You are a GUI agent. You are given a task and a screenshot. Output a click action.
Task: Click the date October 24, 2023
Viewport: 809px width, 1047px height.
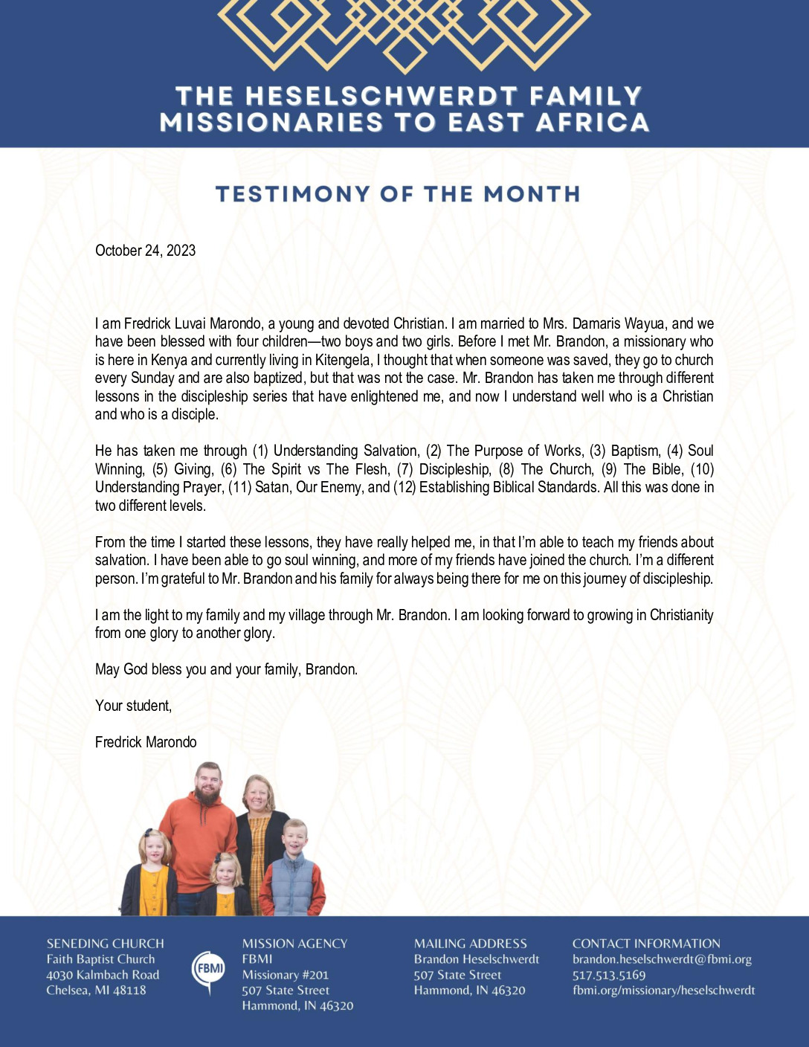pyautogui.click(x=145, y=251)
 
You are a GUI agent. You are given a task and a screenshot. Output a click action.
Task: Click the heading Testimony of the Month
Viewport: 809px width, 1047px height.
pyautogui.click(x=397, y=194)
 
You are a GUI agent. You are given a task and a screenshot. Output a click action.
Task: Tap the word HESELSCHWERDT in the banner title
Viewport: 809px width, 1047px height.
pyautogui.click(x=381, y=96)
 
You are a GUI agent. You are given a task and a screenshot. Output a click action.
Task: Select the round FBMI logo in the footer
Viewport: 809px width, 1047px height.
pyautogui.click(x=208, y=968)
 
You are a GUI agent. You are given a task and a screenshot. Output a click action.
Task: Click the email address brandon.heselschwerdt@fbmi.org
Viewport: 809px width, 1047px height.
pyautogui.click(x=662, y=959)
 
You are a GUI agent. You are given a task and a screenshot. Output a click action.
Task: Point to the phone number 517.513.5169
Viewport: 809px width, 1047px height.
pyautogui.click(x=609, y=975)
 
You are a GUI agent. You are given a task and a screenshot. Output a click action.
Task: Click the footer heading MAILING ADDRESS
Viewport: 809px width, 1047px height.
pyautogui.click(x=470, y=944)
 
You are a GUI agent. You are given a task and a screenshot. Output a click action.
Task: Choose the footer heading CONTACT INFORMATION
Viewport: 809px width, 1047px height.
pyautogui.click(x=646, y=944)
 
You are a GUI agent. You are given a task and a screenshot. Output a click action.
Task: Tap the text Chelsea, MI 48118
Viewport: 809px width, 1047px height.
pyautogui.click(x=96, y=990)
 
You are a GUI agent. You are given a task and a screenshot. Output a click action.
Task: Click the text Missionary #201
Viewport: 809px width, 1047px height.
pyautogui.click(x=285, y=975)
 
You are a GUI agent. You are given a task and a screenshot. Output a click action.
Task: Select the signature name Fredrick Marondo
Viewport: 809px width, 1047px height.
pyautogui.click(x=146, y=742)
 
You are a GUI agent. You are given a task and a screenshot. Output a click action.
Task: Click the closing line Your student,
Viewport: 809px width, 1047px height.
pyautogui.click(x=133, y=706)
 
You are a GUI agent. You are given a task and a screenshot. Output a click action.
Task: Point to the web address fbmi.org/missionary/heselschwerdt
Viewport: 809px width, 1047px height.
pyautogui.click(x=663, y=990)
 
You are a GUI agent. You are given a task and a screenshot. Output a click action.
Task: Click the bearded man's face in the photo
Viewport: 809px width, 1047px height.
pyautogui.click(x=208, y=785)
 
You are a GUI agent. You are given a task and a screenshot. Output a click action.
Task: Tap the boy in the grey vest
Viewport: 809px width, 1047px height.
pyautogui.click(x=294, y=870)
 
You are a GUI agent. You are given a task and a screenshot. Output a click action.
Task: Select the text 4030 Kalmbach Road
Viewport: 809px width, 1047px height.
pyautogui.click(x=103, y=975)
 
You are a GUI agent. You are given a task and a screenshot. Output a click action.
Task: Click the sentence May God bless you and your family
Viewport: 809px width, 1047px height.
pyautogui.click(x=226, y=669)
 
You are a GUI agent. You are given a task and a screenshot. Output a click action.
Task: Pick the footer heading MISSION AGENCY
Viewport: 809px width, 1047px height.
pyautogui.click(x=294, y=944)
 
